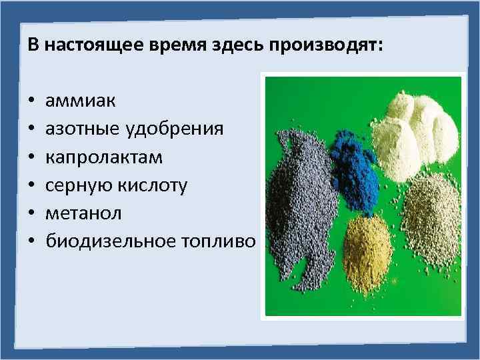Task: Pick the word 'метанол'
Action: click(80, 212)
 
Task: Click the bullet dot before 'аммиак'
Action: click(33, 103)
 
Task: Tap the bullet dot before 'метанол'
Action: click(33, 213)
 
